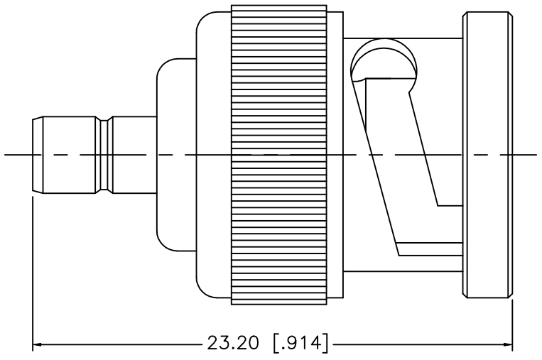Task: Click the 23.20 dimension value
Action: pos(232,343)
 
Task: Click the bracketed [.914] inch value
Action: pos(300,343)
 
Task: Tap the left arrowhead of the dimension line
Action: pos(37,344)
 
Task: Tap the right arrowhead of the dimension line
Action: pos(508,344)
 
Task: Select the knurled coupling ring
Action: pos(279,155)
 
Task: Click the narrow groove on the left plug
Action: pos(104,155)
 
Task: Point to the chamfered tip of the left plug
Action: pos(38,155)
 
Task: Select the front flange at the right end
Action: pos(487,155)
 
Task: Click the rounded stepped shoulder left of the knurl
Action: pos(176,155)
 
